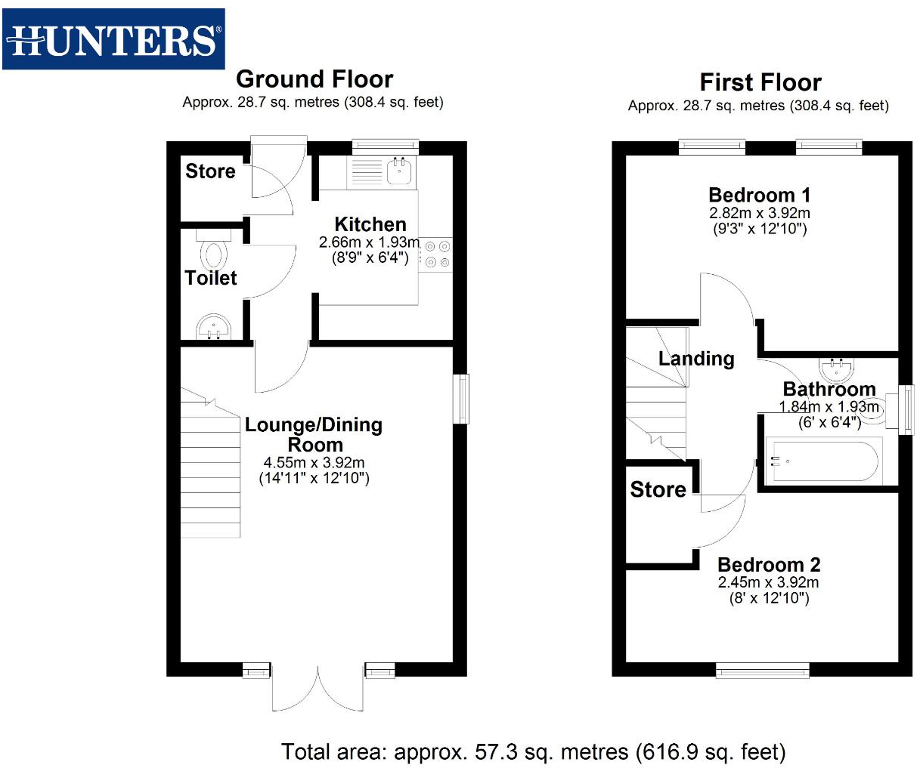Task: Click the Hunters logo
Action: tap(113, 39)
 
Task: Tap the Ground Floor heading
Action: tap(314, 79)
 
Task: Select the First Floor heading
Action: tap(760, 82)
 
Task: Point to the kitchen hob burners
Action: tap(435, 254)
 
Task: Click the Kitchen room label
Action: tap(370, 224)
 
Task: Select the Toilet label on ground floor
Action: tap(211, 278)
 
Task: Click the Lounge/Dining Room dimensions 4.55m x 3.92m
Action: tap(314, 462)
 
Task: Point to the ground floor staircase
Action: tap(211, 468)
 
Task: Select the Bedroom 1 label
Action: tap(759, 195)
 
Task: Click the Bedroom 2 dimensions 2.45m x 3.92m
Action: tap(768, 582)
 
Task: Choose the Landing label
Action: tap(696, 359)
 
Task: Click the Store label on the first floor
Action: tap(658, 489)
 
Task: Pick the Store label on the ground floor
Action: tap(210, 171)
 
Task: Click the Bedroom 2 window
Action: tap(762, 669)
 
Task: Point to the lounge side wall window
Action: tap(461, 398)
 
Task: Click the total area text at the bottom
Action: tap(534, 751)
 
